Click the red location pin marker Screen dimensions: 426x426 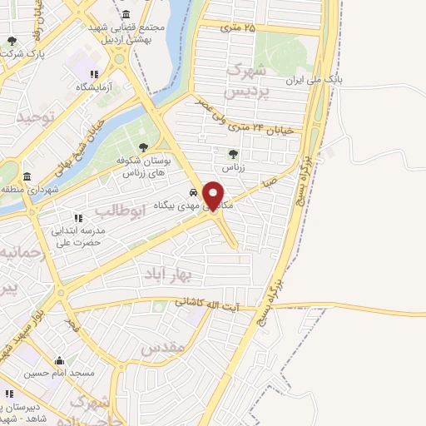point(215,195)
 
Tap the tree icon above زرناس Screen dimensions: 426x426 point(233,153)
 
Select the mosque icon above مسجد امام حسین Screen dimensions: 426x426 point(59,361)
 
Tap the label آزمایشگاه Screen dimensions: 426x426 point(98,87)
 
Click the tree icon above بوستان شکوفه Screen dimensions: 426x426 point(143,146)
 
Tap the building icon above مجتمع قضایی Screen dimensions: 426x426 point(125,15)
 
